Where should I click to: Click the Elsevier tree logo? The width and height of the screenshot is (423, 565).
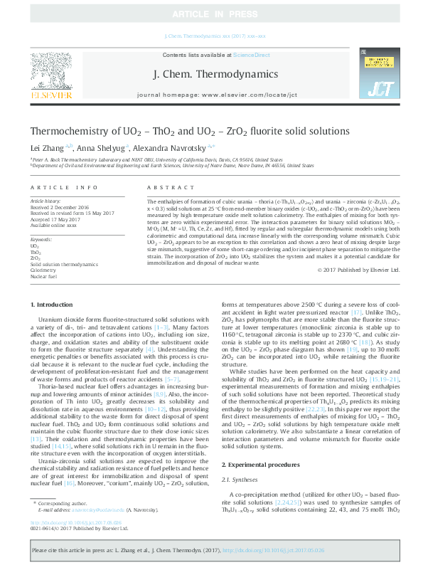tap(50, 73)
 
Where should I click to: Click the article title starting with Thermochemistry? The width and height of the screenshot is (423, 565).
tap(189, 132)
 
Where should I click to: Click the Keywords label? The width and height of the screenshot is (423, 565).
tap(41, 240)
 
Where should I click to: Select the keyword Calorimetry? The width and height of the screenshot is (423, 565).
tap(43, 270)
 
